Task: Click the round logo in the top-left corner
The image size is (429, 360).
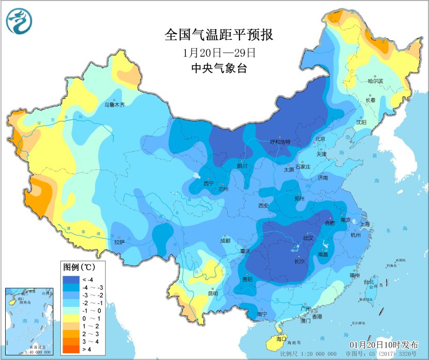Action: point(19,21)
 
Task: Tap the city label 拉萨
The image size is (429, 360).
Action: point(119,242)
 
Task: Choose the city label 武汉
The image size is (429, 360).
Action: point(308,239)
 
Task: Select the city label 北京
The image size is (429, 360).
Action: point(320,139)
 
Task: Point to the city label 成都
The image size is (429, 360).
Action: point(226,240)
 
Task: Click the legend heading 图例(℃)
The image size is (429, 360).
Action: point(78,268)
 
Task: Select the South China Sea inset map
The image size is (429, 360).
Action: point(29,321)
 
